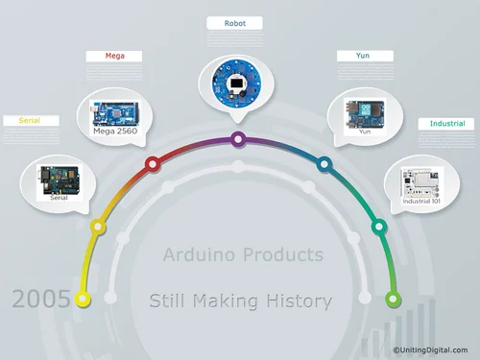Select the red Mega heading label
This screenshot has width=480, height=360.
(114, 56)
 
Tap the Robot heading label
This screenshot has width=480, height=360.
(236, 21)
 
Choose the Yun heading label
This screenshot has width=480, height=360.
(364, 56)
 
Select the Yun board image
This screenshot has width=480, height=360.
(364, 111)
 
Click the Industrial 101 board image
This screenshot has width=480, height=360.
(422, 180)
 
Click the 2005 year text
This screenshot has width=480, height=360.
(40, 299)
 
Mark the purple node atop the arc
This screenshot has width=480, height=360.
(237, 139)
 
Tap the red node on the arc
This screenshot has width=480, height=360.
(151, 164)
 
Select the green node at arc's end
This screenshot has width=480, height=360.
(393, 299)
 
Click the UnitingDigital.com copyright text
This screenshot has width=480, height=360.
(430, 350)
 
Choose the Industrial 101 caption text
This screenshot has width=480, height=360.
(422, 202)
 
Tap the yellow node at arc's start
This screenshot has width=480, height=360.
(84, 299)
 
